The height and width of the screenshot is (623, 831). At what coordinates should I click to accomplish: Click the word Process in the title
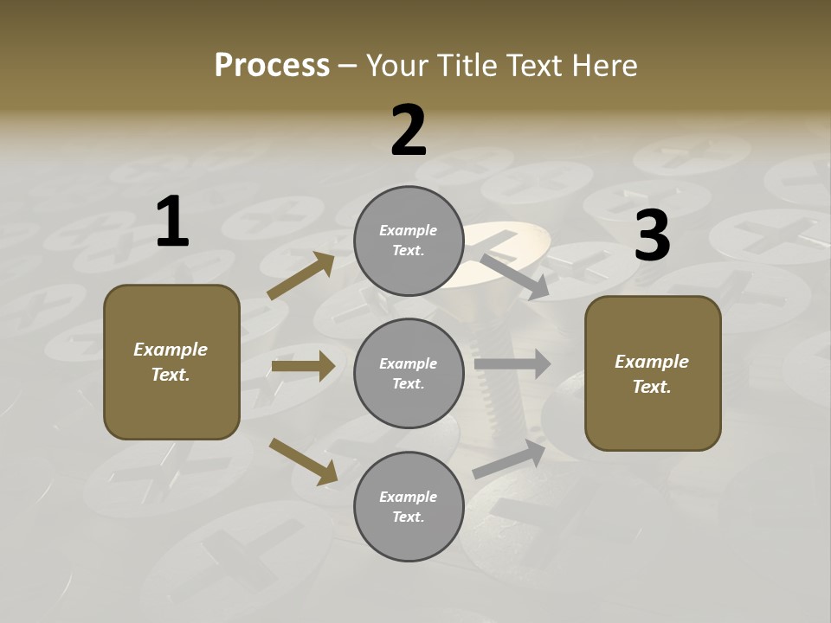(272, 66)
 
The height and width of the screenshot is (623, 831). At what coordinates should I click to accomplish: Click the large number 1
(172, 222)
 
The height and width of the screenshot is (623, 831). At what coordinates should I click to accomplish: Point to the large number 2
(409, 131)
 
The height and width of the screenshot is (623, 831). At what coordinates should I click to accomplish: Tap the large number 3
(652, 235)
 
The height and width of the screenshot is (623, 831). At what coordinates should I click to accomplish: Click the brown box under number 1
(171, 362)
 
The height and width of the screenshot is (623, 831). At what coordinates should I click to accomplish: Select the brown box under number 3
(653, 374)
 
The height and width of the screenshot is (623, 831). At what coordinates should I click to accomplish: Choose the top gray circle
(409, 241)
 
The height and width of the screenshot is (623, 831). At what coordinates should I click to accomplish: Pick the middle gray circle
(409, 374)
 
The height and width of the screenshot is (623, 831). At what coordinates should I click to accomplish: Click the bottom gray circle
(409, 507)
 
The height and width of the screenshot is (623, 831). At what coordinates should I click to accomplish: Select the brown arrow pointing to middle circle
(303, 366)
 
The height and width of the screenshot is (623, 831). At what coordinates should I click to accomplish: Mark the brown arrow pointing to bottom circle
(303, 461)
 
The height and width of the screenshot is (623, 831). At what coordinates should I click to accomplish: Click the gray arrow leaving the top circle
(515, 276)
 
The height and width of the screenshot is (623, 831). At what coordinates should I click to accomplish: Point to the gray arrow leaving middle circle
(512, 364)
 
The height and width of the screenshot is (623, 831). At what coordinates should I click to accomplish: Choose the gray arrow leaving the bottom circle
(509, 459)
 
